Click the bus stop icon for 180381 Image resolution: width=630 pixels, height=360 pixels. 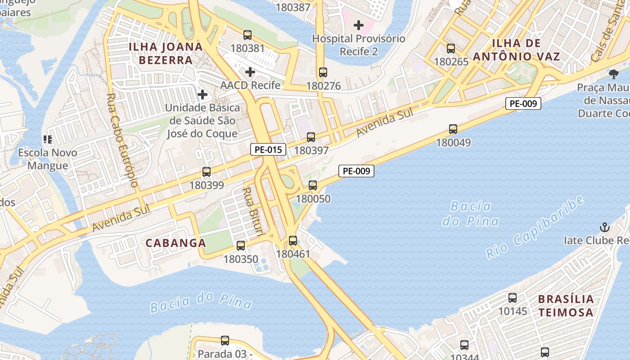tap(247, 35)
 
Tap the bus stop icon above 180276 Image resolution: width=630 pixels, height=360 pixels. tap(323, 72)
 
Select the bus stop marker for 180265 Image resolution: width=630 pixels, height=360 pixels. tap(451, 49)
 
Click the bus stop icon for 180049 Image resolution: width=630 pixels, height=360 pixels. tap(453, 129)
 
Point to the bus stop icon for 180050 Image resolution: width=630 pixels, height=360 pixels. tap(313, 185)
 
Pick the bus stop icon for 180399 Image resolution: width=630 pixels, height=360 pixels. tap(207, 172)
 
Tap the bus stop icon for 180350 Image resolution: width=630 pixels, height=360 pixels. tap(241, 246)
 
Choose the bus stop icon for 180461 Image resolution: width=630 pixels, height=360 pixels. tap(293, 241)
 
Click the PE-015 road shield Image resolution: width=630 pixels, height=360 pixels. tap(268, 150)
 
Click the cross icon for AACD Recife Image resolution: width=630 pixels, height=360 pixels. tap(250, 72)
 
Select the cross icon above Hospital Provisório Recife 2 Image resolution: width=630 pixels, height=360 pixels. tap(359, 25)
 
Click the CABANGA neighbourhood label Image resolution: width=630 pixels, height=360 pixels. tap(175, 243)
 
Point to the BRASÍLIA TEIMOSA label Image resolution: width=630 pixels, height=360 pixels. tap(566, 306)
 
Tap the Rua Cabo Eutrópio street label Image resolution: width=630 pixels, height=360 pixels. tap(122, 140)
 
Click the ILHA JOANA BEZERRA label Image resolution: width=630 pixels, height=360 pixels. tap(166, 53)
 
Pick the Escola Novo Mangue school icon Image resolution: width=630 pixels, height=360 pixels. tap(47, 139)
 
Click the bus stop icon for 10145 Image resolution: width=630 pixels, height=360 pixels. tap(513, 298)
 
